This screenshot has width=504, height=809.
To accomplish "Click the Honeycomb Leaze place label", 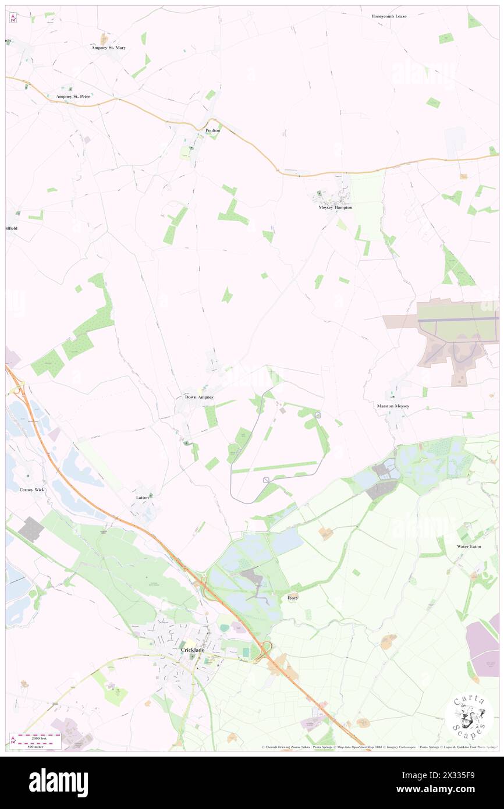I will click(389, 16).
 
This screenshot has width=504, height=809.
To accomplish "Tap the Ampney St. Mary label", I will click(108, 48).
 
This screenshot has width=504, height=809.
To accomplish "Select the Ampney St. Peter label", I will click(73, 96).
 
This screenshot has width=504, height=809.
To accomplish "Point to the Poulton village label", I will click(213, 130).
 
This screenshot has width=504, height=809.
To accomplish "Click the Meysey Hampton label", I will click(335, 207).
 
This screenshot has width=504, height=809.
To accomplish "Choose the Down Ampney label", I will click(199, 397).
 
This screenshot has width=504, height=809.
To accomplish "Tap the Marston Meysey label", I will click(393, 406).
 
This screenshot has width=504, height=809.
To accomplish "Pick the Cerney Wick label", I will click(32, 490).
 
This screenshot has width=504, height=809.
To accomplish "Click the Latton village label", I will click(143, 498).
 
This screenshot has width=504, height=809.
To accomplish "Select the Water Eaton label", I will click(470, 547).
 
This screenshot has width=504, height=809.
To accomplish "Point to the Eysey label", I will click(293, 598).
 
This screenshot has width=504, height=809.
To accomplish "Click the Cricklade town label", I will click(191, 650).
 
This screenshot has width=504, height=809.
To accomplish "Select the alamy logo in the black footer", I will click(58, 782).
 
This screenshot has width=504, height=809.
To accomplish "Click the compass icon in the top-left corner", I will click(13, 18).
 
